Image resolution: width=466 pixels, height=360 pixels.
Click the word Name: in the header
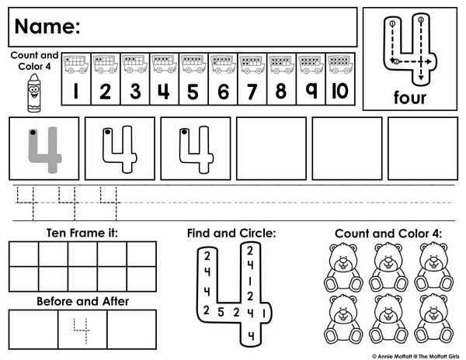point(47,26)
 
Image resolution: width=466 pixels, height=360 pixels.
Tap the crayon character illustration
point(34,93)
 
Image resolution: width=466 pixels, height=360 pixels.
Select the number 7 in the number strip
point(252,92)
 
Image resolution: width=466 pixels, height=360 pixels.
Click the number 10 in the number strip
point(340,91)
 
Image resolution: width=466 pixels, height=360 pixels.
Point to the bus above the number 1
point(76,64)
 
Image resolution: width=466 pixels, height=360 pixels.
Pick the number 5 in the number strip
point(193,92)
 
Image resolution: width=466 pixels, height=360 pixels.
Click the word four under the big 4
point(410,97)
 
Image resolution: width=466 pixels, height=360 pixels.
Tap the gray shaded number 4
point(45,150)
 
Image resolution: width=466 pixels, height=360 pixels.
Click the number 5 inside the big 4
point(221,312)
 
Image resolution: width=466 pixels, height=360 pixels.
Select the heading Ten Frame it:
point(82,233)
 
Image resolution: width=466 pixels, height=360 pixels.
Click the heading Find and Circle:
point(231,234)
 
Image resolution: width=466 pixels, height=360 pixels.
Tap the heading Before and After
point(82,301)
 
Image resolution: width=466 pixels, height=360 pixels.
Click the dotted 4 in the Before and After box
point(81,331)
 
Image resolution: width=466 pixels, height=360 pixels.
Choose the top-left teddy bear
point(343,267)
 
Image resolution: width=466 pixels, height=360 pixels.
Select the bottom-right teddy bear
point(434,319)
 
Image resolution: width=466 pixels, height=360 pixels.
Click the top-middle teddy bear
point(388,267)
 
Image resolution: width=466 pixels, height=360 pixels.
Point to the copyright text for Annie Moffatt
point(416,356)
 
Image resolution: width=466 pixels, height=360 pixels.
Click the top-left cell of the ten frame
point(24,254)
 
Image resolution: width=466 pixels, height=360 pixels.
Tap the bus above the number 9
point(311,64)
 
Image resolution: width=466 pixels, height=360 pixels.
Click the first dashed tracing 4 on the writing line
point(26,203)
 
